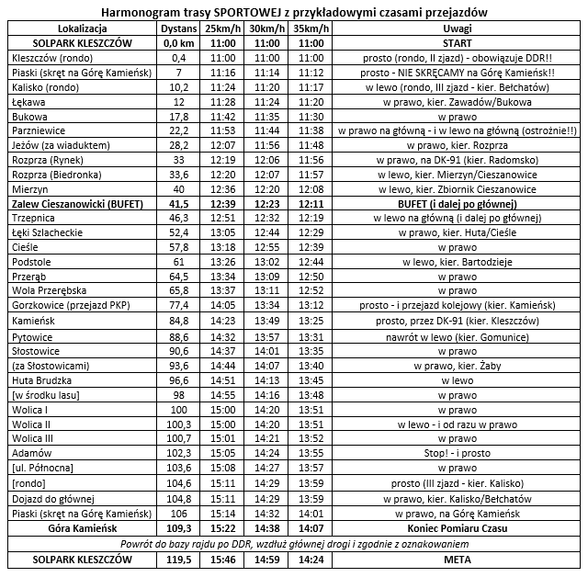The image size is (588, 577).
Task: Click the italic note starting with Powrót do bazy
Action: click(x=294, y=543)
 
